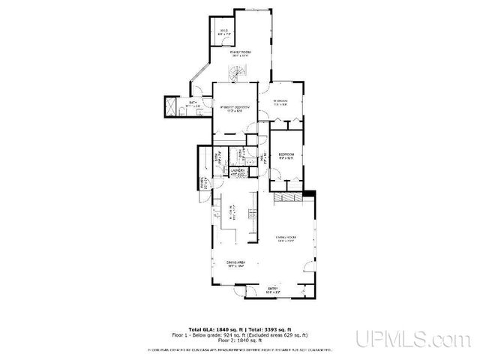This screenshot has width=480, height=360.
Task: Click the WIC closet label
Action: pos(223,31)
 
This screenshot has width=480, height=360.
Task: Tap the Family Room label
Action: pos(240,53)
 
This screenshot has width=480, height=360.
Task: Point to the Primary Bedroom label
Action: pos(235,109)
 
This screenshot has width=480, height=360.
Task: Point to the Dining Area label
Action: pos(237,263)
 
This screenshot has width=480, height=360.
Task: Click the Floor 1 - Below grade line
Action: pos(247,334)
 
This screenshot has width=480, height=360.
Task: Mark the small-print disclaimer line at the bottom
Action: pos(240,348)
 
